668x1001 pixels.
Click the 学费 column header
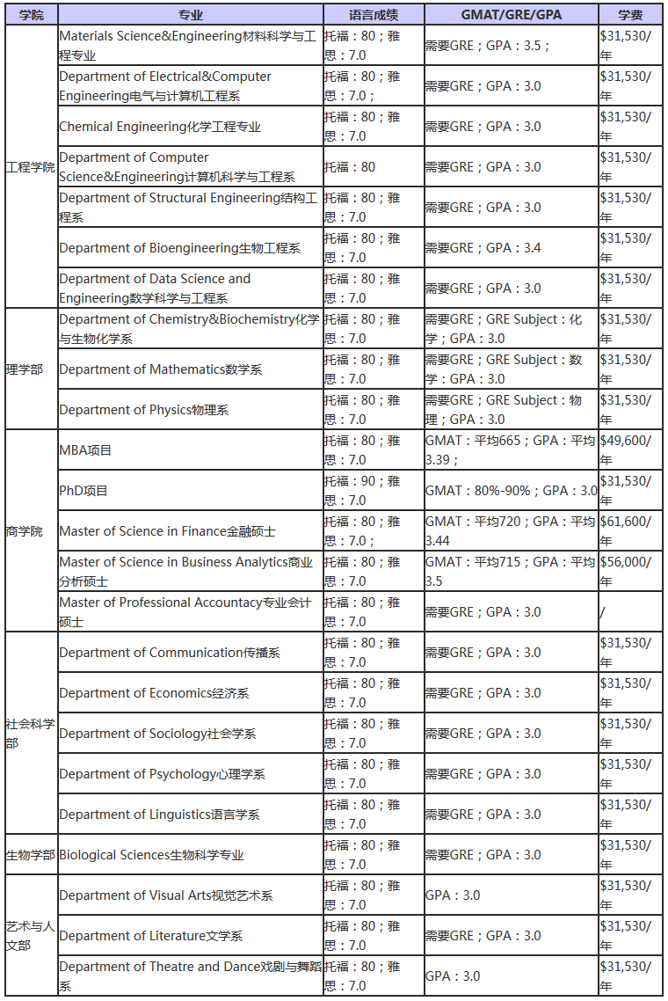[x=630, y=15]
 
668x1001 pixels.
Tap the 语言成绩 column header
[x=374, y=15]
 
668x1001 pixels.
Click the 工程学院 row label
[x=31, y=167]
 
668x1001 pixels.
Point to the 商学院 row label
[x=25, y=531]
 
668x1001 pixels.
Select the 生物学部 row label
[x=31, y=855]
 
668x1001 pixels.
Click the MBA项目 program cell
[x=85, y=450]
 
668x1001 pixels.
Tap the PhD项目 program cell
[x=83, y=491]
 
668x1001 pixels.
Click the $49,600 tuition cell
[x=626, y=441]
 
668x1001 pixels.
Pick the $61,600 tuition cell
[x=626, y=522]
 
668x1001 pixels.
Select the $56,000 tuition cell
[x=626, y=562]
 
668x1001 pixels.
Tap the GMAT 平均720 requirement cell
[x=510, y=530]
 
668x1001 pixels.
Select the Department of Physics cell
[x=144, y=410]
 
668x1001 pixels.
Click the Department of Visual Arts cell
[x=166, y=895]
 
